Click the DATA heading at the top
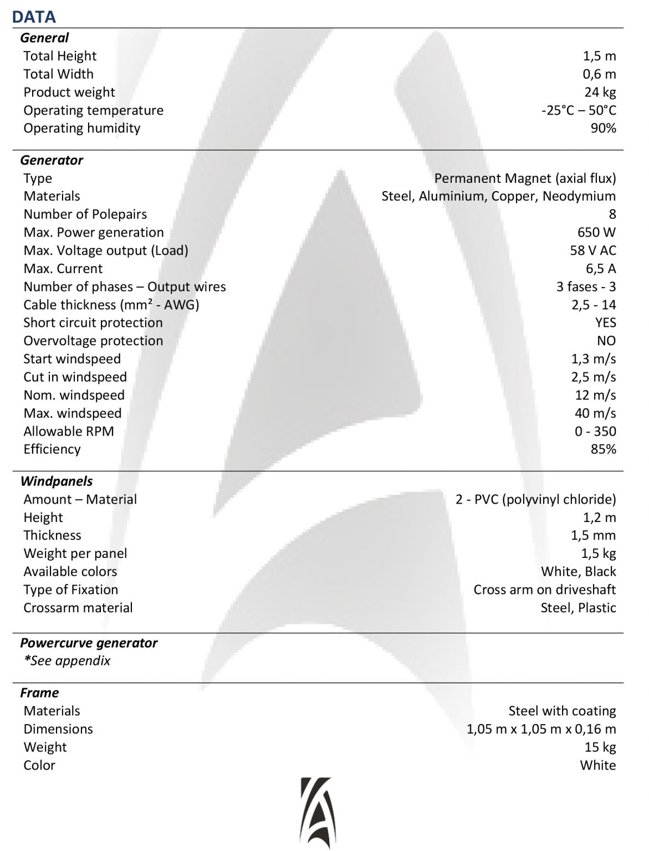click(34, 17)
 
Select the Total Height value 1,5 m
click(599, 56)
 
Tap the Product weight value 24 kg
click(600, 92)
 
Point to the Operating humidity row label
click(81, 128)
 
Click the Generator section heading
click(52, 160)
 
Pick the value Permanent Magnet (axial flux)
click(525, 178)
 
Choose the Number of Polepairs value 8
click(612, 214)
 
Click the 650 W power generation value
click(596, 232)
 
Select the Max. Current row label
click(63, 269)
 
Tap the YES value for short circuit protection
click(605, 322)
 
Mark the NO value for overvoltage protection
click(606, 341)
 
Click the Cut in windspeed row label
click(75, 377)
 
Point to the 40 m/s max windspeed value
click(595, 413)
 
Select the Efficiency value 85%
click(603, 449)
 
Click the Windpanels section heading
click(57, 481)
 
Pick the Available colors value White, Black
click(579, 571)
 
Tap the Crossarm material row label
click(78, 608)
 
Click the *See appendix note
click(67, 660)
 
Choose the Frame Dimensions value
click(541, 729)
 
